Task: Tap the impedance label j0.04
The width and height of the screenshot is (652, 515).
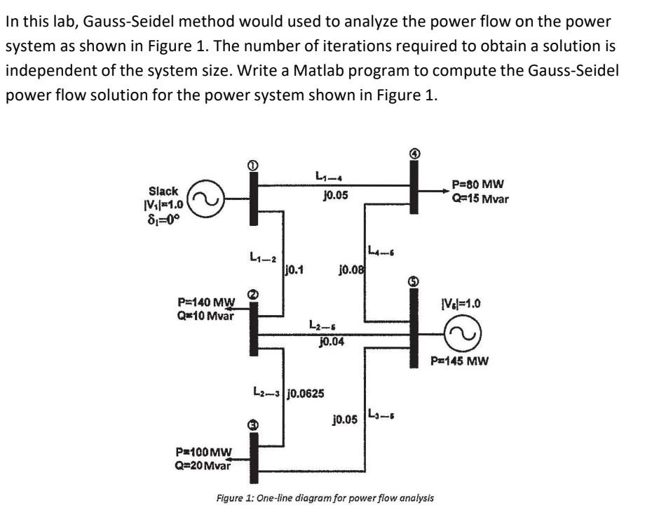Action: (x=331, y=342)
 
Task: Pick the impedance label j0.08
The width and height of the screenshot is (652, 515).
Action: (x=350, y=268)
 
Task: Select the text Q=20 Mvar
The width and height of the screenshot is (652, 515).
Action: (x=203, y=463)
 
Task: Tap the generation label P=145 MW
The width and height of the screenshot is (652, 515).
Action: (x=460, y=362)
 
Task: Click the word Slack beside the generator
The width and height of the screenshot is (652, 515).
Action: (x=163, y=191)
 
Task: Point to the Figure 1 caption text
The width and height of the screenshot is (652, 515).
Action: (x=325, y=497)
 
